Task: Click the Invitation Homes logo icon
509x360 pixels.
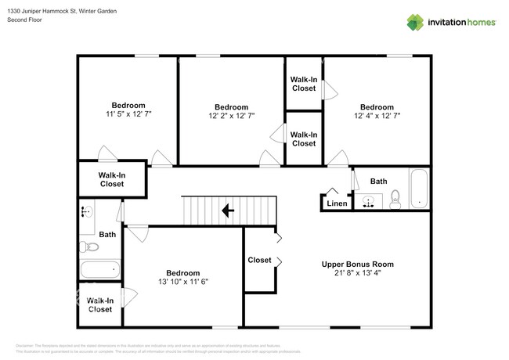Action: pyautogui.click(x=413, y=22)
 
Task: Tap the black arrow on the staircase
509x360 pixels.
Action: pyautogui.click(x=228, y=210)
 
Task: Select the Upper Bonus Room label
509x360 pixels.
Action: pyautogui.click(x=352, y=265)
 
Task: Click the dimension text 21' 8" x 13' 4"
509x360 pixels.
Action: pyautogui.click(x=352, y=274)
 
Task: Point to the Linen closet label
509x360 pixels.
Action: pyautogui.click(x=336, y=203)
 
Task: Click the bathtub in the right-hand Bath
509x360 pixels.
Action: pyautogui.click(x=420, y=189)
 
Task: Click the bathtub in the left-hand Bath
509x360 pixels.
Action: pyautogui.click(x=99, y=270)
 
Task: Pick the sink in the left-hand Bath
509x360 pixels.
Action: pyautogui.click(x=86, y=211)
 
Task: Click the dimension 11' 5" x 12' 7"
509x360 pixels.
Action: pyautogui.click(x=128, y=114)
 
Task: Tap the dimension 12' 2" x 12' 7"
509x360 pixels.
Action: pyautogui.click(x=231, y=116)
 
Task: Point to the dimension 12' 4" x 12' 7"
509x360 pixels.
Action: pyautogui.click(x=376, y=116)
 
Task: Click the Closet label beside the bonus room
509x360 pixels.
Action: pyautogui.click(x=259, y=260)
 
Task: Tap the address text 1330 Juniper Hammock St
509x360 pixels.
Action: pyautogui.click(x=39, y=10)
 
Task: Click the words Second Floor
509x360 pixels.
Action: pyautogui.click(x=23, y=19)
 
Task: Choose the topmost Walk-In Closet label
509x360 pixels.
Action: pyautogui.click(x=303, y=84)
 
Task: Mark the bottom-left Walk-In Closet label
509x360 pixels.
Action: pyautogui.click(x=100, y=304)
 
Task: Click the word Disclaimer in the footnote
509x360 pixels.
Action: pyautogui.click(x=25, y=345)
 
